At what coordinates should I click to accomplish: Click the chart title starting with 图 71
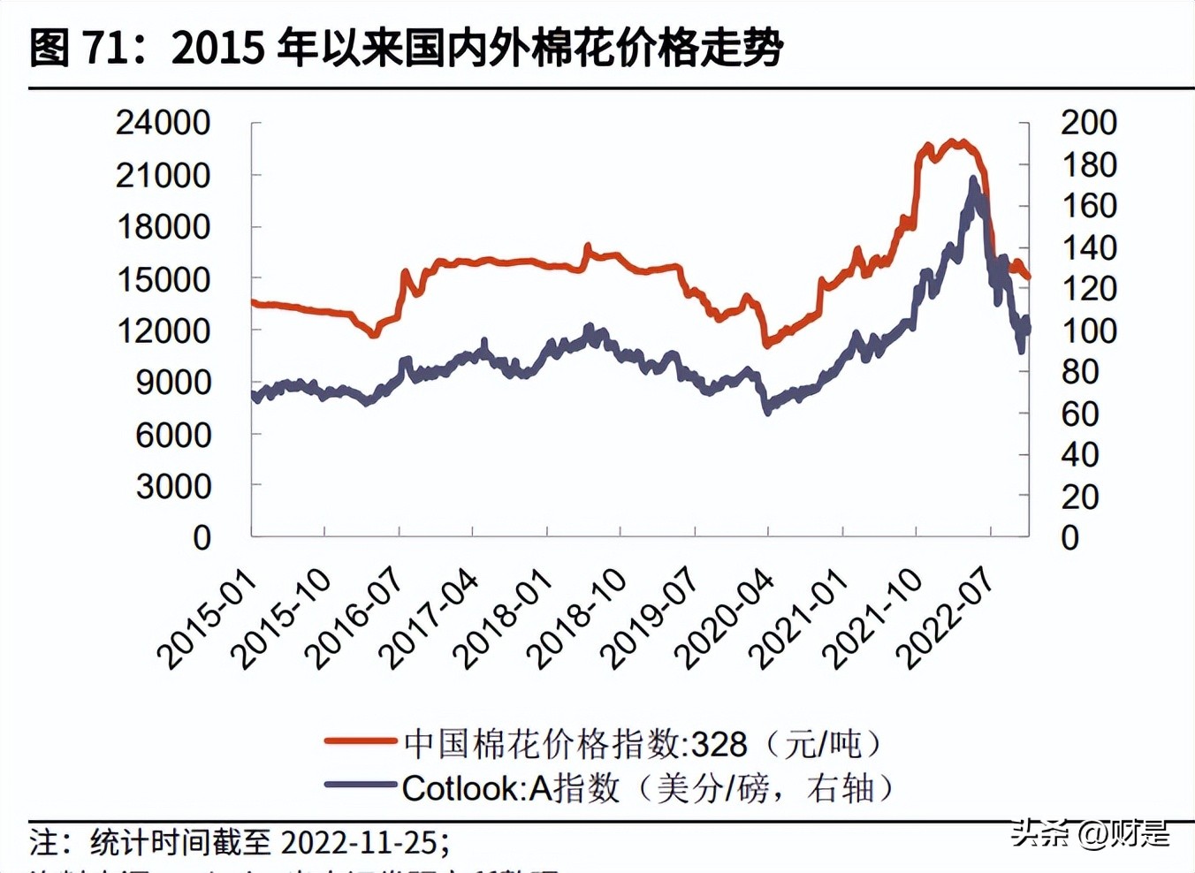[406, 47]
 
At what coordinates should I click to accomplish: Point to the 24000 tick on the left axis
[164, 123]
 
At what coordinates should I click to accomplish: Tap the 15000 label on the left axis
[164, 279]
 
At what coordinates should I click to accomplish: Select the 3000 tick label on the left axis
[174, 486]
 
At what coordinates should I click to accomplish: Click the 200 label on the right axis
[1089, 123]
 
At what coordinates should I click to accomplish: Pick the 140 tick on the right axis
[1089, 247]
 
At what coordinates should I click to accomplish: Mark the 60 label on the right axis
[1079, 414]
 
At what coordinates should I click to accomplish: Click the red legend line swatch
[360, 740]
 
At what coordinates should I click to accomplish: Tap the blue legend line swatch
[360, 785]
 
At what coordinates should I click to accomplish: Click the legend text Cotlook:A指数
[511, 788]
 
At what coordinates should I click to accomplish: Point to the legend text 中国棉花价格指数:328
[575, 744]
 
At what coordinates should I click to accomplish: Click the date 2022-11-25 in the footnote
[358, 842]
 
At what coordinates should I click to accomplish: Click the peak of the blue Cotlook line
[973, 179]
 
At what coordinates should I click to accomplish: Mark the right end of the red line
[1028, 277]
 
